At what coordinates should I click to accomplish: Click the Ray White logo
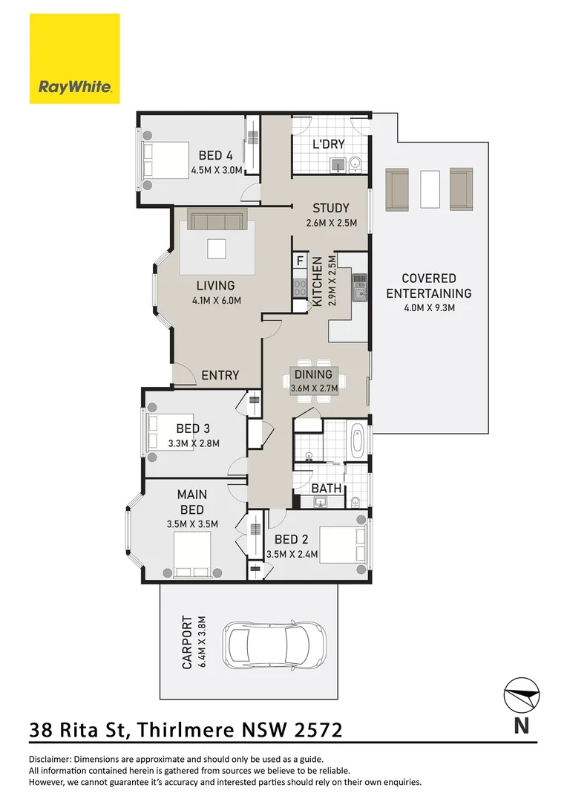75,59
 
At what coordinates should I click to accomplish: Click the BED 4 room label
216,155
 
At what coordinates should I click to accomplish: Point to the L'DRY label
329,144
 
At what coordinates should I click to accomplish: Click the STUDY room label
331,208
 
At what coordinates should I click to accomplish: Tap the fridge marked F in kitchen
300,261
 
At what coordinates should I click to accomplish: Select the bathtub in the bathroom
358,440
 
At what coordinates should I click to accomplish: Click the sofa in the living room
217,219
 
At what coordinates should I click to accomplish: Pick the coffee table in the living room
216,249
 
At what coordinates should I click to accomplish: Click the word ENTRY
220,376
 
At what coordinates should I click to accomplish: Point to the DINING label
313,374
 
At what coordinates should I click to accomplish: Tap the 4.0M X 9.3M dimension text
429,308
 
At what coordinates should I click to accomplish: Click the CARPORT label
188,642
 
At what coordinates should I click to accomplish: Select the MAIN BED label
192,502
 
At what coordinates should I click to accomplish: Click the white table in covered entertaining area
430,189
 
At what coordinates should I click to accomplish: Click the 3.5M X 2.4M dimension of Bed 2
292,554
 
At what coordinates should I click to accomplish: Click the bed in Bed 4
165,160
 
